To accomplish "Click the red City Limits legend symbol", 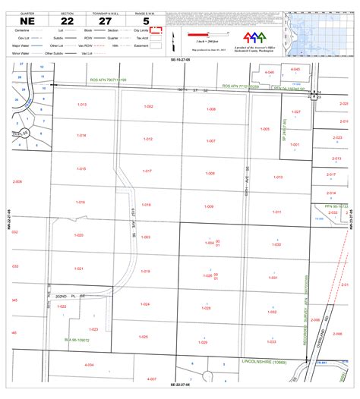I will pyautogui.click(x=158, y=31).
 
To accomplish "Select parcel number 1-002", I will pyautogui.click(x=148, y=106).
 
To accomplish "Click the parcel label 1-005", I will pyautogui.click(x=264, y=130).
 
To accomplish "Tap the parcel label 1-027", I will pyautogui.click(x=296, y=112).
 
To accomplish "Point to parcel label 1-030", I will pyautogui.click(x=276, y=244).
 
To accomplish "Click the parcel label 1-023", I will pyautogui.click(x=93, y=329).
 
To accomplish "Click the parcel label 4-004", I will pyautogui.click(x=90, y=365).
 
